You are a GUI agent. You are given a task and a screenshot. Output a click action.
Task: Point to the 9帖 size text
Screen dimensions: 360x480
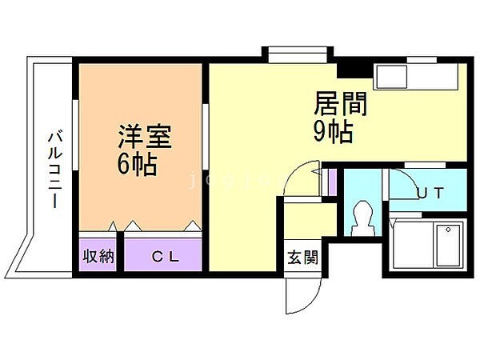[x=333, y=131]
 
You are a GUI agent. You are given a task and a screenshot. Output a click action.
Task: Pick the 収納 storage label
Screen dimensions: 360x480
[x=99, y=258]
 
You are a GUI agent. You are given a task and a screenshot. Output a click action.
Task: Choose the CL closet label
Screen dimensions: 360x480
[x=166, y=258]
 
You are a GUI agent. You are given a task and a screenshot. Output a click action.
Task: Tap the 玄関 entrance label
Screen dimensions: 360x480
[x=302, y=258]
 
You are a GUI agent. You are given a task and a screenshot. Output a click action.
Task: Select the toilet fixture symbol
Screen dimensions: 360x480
[x=362, y=216]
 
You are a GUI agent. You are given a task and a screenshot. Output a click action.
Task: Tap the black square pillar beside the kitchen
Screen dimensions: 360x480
[x=350, y=70]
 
